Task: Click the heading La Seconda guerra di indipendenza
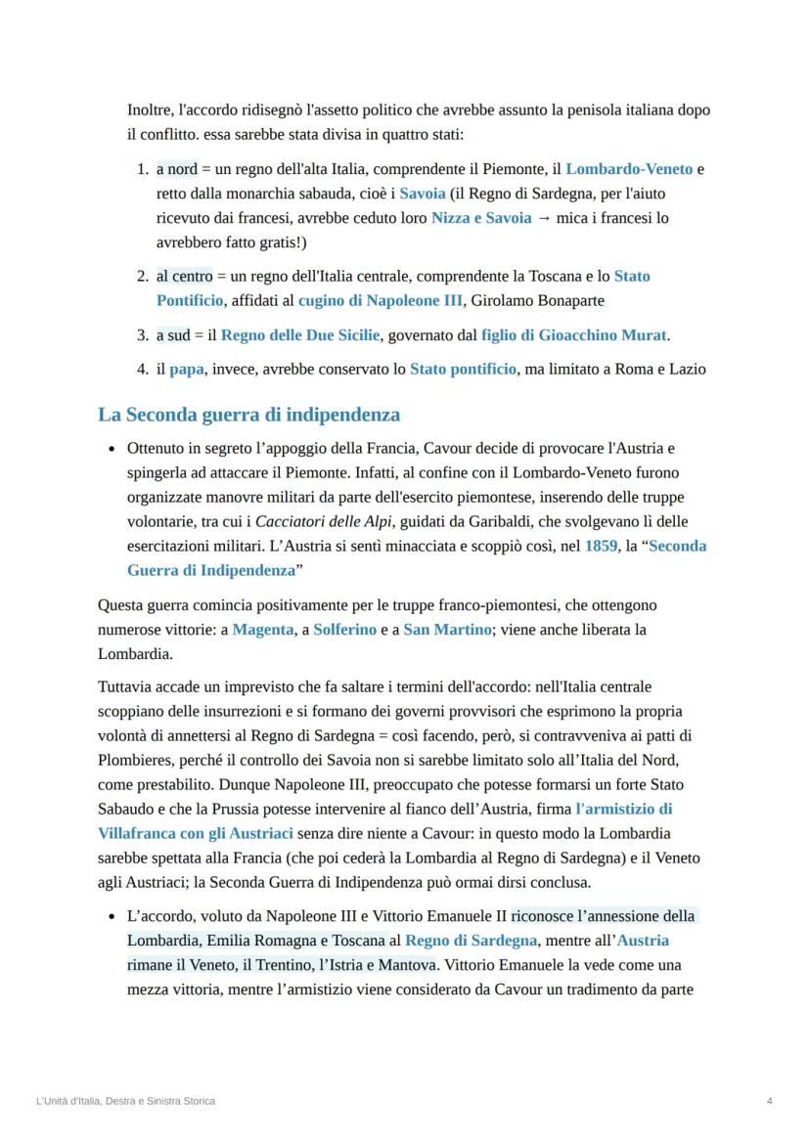(248, 415)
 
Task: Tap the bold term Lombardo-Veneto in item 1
(629, 169)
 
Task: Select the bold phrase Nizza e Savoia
(481, 218)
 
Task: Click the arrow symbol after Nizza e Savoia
(544, 218)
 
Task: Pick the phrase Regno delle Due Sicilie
(299, 335)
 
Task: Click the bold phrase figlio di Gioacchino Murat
(574, 335)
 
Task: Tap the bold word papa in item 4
(186, 370)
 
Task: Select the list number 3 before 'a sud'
(142, 335)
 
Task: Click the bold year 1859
(601, 546)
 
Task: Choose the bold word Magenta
(262, 630)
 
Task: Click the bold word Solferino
(344, 630)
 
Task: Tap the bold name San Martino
(447, 630)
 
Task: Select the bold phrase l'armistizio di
(624, 809)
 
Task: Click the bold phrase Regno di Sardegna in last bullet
(472, 941)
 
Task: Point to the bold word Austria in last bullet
(643, 941)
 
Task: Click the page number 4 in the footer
(770, 1101)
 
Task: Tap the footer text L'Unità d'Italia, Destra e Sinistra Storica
(125, 1101)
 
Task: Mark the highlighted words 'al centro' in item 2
(178, 276)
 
